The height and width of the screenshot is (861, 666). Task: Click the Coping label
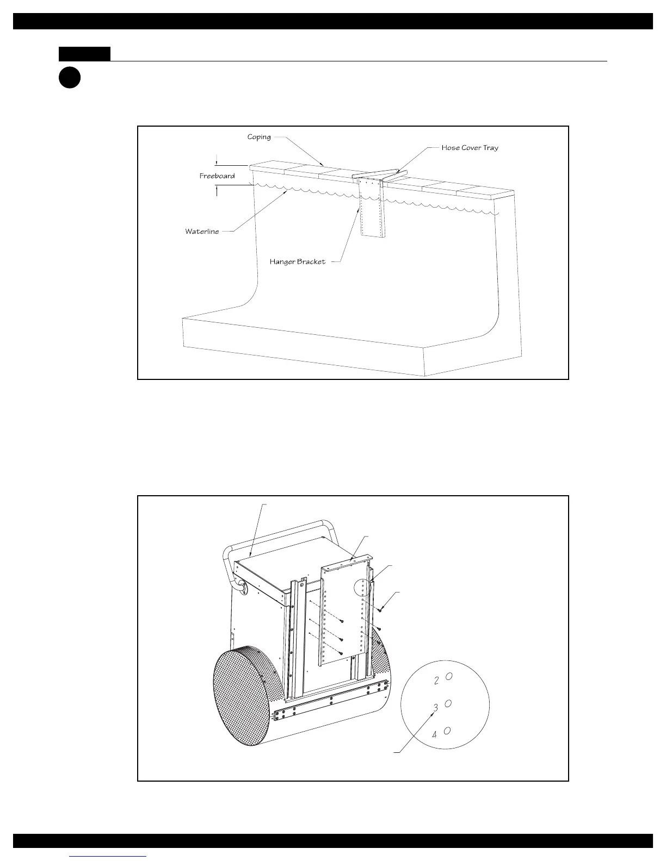click(x=259, y=137)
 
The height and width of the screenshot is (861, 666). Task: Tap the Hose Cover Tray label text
click(x=470, y=147)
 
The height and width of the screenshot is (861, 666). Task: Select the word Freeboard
click(x=217, y=176)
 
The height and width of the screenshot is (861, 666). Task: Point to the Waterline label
click(x=202, y=232)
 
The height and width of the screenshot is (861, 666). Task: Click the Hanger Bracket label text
click(x=298, y=261)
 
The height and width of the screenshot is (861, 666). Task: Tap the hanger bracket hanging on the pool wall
click(x=373, y=209)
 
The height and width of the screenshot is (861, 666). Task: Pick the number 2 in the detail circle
click(x=436, y=680)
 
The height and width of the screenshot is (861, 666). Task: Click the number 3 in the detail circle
click(x=435, y=707)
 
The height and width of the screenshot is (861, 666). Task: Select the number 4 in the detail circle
click(x=434, y=734)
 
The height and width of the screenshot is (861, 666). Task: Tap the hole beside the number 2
click(x=449, y=676)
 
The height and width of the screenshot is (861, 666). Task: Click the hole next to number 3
click(x=448, y=703)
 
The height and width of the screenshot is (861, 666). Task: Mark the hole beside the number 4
click(x=447, y=731)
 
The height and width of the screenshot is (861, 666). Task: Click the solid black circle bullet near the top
click(x=70, y=77)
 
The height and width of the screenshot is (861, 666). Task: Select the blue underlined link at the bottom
click(x=108, y=856)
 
